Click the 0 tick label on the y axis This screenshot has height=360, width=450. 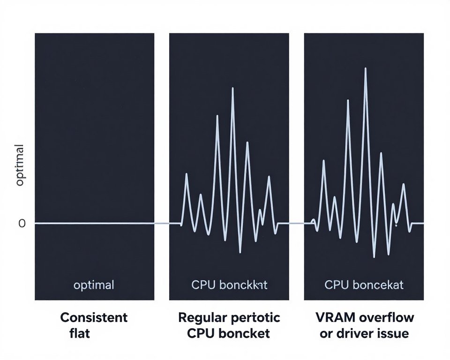pyautogui.click(x=22, y=224)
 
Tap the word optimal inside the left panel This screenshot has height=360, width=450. pyautogui.click(x=94, y=285)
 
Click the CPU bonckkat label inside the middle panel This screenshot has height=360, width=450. pyautogui.click(x=229, y=285)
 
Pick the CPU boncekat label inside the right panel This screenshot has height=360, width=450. pyautogui.click(x=364, y=285)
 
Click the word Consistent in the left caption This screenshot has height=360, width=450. pyautogui.click(x=94, y=317)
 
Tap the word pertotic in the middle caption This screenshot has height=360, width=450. pyautogui.click(x=256, y=317)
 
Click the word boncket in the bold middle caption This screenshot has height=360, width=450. pyautogui.click(x=247, y=333)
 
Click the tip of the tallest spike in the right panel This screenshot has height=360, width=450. pyautogui.click(x=365, y=68)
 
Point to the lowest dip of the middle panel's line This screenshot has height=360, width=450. pyautogui.click(x=240, y=253)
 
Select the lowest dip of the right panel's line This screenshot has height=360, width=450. pyautogui.click(x=374, y=257)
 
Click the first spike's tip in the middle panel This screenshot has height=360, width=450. pyautogui.click(x=187, y=174)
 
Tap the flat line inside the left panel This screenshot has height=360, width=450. pyautogui.click(x=94, y=224)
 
